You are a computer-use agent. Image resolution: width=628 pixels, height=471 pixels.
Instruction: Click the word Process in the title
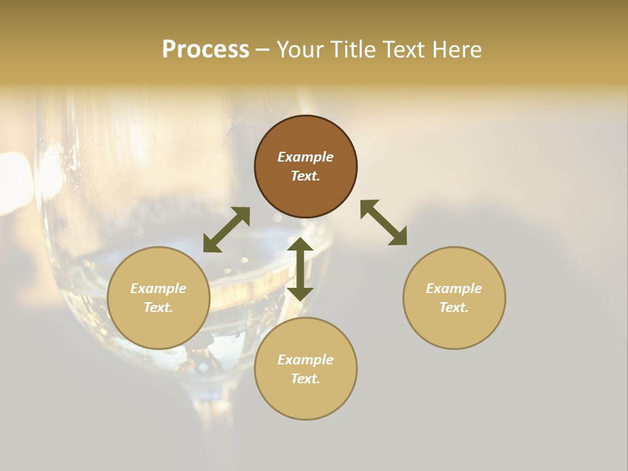[x=205, y=50]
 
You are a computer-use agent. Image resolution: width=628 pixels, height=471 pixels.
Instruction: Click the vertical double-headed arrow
[x=300, y=269]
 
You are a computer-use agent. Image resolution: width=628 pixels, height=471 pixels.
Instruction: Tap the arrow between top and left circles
[x=226, y=230]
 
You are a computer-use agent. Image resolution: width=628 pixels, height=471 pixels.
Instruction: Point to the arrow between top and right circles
[x=384, y=222]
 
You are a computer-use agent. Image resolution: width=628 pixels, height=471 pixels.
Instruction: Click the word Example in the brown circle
[x=305, y=157]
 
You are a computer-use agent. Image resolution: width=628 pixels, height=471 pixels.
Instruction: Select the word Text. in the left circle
[x=158, y=307]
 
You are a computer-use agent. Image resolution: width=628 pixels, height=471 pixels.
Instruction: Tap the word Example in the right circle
[x=454, y=288]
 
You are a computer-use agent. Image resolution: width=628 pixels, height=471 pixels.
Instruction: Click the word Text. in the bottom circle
[x=305, y=379]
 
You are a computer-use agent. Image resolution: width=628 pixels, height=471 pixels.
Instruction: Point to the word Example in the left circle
[x=158, y=288]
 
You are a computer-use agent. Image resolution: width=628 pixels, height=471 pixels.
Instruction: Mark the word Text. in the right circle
[x=454, y=307]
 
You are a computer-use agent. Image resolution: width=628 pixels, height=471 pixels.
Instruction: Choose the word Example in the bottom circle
[x=305, y=360]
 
